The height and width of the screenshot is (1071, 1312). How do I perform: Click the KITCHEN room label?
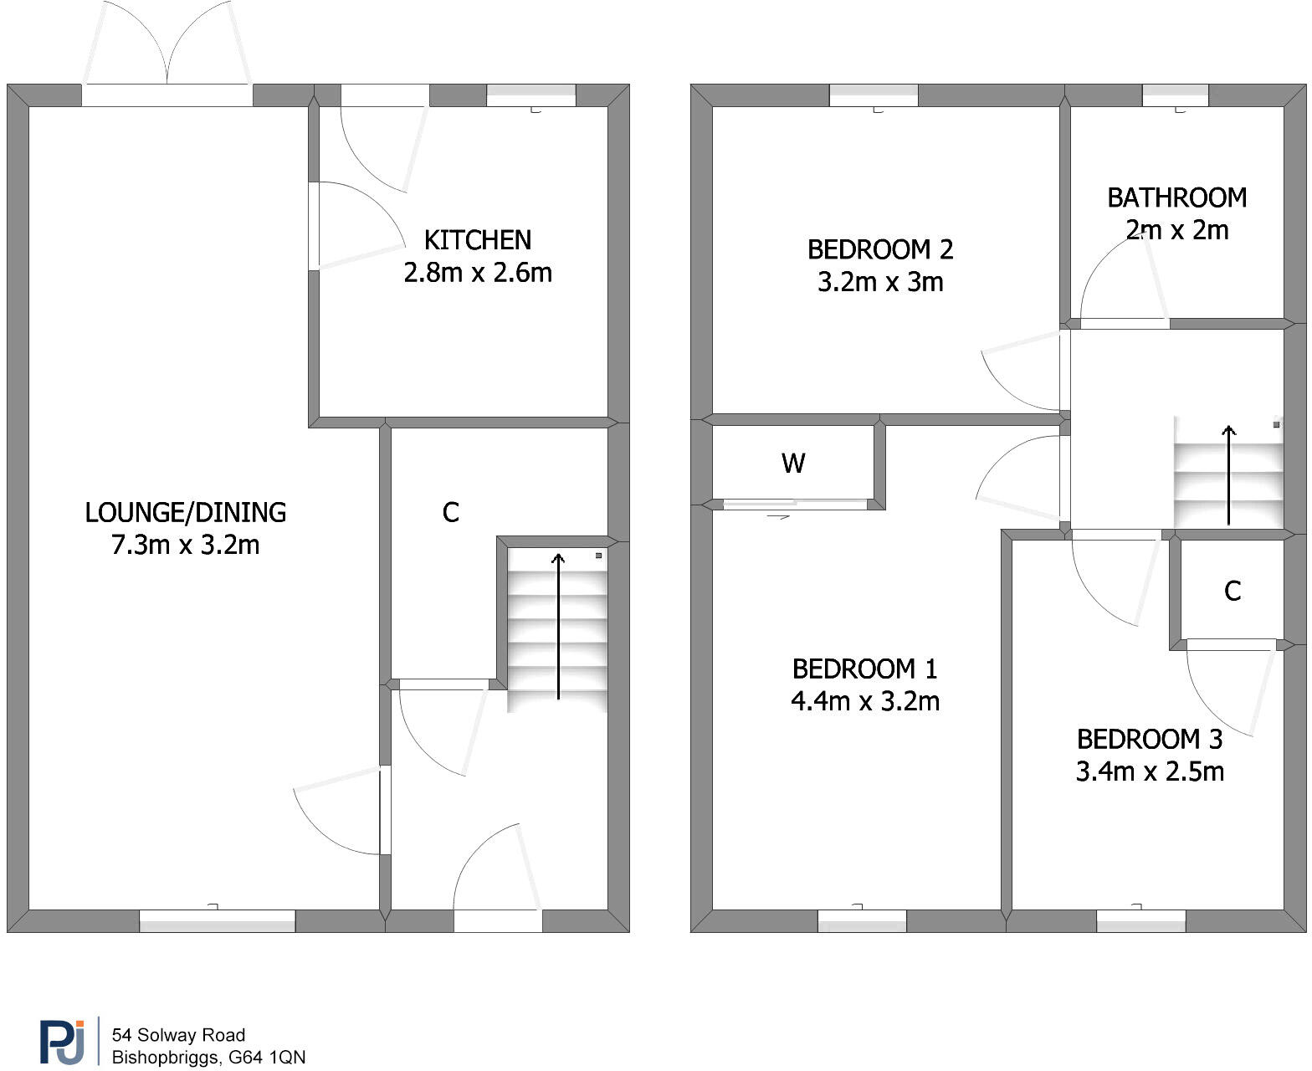tap(477, 240)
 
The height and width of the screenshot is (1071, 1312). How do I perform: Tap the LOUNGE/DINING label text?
tap(186, 512)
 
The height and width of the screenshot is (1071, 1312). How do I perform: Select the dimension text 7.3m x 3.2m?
tap(186, 545)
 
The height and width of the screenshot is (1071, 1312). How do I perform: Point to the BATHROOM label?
tap(1176, 197)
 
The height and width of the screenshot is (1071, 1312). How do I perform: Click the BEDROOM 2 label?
tap(879, 249)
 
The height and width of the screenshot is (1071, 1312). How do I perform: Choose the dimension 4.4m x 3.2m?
tap(864, 701)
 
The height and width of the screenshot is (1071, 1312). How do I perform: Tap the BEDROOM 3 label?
tap(1150, 739)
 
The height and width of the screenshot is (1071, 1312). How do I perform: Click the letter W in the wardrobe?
tap(793, 464)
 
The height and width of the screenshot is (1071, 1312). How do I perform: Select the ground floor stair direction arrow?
tap(558, 627)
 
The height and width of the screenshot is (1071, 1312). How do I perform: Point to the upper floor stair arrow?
tap(1228, 475)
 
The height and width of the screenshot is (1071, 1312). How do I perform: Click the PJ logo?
tap(62, 1042)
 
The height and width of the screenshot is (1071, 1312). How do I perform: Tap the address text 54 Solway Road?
tap(178, 1034)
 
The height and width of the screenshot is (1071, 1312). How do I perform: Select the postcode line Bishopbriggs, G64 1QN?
tap(208, 1057)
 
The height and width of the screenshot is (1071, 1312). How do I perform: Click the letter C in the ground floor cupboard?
tap(450, 512)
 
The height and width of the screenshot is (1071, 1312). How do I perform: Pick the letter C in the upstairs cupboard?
tap(1232, 591)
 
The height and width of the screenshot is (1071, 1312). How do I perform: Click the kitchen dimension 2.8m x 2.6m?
tap(477, 273)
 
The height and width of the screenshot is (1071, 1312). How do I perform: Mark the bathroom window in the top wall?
tap(1175, 95)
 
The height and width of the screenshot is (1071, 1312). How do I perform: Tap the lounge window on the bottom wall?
tap(217, 920)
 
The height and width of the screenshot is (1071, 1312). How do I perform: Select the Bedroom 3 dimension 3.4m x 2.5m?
tap(1150, 771)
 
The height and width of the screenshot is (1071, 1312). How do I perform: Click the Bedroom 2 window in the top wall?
tap(874, 95)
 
